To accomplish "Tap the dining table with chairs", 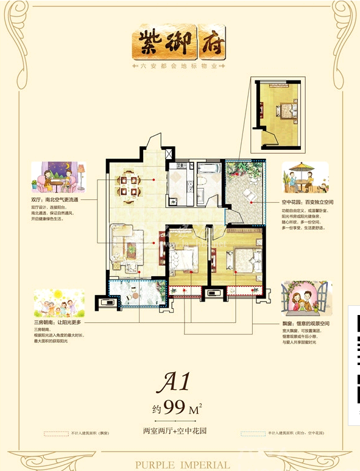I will coord(129,185).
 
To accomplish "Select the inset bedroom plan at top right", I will coord(280,114).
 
